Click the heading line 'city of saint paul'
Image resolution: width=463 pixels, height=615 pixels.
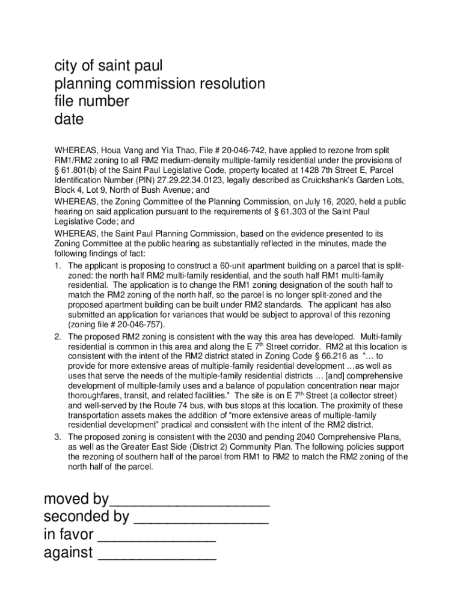[x=108, y=65]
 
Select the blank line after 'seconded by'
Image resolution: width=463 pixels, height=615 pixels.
[x=200, y=517]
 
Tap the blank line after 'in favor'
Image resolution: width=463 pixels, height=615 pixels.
[x=156, y=535]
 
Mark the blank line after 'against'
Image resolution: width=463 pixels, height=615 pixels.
[x=156, y=553]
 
